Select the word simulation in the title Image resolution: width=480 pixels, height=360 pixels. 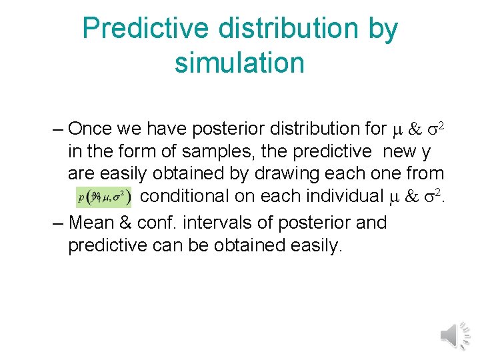239,63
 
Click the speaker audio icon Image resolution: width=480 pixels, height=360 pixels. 457,334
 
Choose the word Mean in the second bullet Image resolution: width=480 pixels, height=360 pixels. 92,222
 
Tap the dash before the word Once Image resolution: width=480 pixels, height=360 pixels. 57,128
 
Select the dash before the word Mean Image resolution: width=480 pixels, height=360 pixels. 57,222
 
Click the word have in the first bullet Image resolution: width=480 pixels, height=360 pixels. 163,128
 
